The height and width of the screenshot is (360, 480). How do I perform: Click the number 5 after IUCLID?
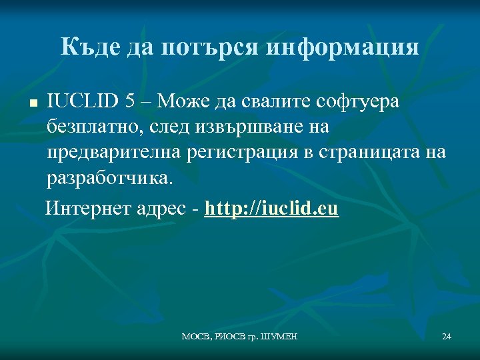tap(131, 101)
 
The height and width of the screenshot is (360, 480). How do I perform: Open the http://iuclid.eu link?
tap(272, 209)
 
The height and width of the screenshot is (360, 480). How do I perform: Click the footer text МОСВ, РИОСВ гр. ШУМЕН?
tap(239, 337)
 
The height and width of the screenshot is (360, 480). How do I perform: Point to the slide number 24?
tap(447, 337)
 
